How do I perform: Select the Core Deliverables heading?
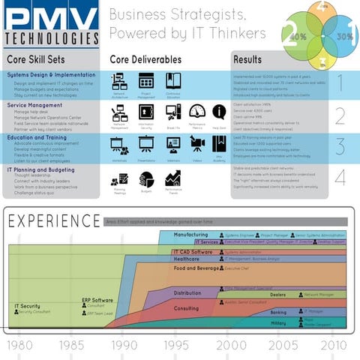[145, 58]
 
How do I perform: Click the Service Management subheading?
[34, 106]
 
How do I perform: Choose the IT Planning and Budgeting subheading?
[42, 169]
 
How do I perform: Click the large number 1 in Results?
[339, 82]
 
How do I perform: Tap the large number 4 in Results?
[339, 178]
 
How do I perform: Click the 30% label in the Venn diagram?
[344, 36]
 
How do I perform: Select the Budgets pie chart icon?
[146, 178]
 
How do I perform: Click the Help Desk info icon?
[219, 112]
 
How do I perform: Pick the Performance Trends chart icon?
[173, 178]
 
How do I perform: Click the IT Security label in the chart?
[27, 306]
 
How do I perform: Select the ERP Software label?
[97, 300]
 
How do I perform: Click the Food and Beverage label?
[196, 268]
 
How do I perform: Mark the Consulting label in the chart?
[186, 307]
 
